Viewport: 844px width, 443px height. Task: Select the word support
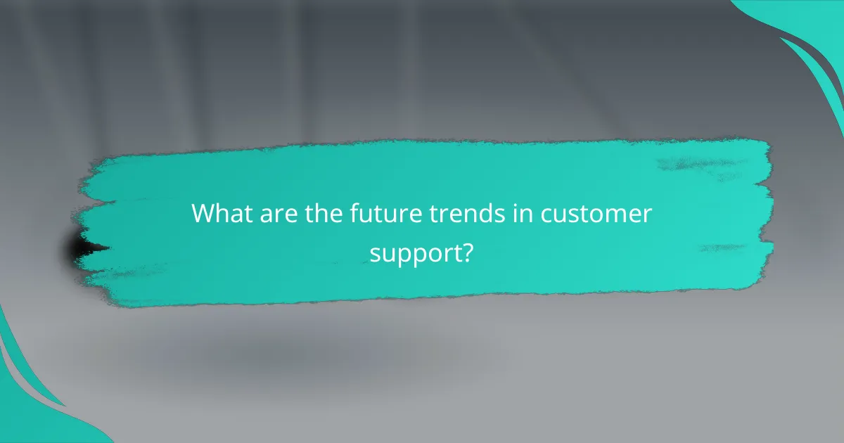pyautogui.click(x=414, y=252)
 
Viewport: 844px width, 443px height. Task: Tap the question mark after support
pyautogui.click(x=465, y=251)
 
